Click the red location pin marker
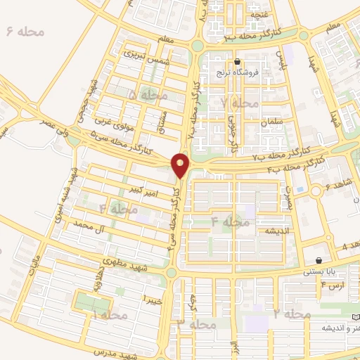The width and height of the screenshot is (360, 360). pyautogui.click(x=181, y=165)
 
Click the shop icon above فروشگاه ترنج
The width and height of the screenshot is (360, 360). pyautogui.click(x=240, y=61)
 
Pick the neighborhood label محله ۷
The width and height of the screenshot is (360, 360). pyautogui.click(x=239, y=103)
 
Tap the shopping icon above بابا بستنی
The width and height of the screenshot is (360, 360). pyautogui.click(x=321, y=259)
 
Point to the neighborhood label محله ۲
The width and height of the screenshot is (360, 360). pyautogui.click(x=291, y=313)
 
